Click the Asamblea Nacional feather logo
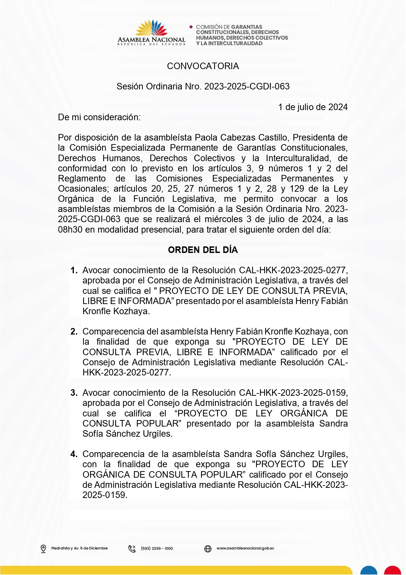tap(151, 28)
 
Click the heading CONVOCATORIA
tap(203, 66)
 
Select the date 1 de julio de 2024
tap(313, 107)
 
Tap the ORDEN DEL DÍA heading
tap(203, 250)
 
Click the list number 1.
tap(74, 270)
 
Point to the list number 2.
tap(74, 332)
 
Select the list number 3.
tap(74, 393)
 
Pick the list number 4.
tap(74, 454)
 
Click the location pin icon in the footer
tap(43, 548)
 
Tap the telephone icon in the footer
tap(132, 548)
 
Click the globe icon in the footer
tap(208, 548)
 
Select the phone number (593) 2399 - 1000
tap(157, 548)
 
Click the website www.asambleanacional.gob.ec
tap(245, 548)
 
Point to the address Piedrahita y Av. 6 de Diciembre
tap(79, 548)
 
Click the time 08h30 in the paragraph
tap(70, 230)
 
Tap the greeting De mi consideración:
tap(99, 117)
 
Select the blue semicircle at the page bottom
tap(369, 570)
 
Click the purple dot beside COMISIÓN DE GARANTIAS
tap(191, 27)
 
